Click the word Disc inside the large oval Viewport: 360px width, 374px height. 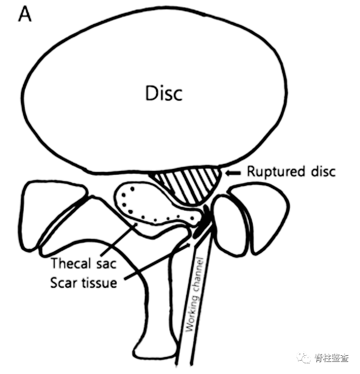(164, 93)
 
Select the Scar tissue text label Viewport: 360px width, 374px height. (83, 282)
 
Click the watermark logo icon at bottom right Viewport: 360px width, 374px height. (305, 358)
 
